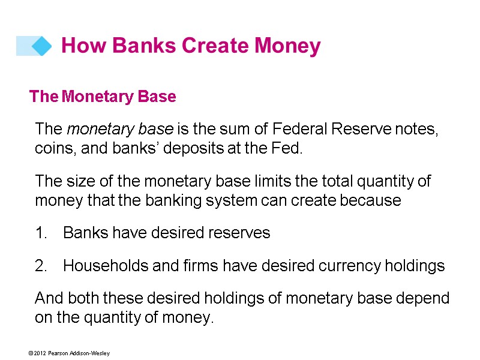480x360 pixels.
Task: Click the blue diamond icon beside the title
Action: pyautogui.click(x=41, y=46)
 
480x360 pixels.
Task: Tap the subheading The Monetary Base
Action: pyautogui.click(x=103, y=97)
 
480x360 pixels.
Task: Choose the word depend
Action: pyautogui.click(x=425, y=299)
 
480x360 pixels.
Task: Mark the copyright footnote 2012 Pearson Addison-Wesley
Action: pyautogui.click(x=68, y=353)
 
